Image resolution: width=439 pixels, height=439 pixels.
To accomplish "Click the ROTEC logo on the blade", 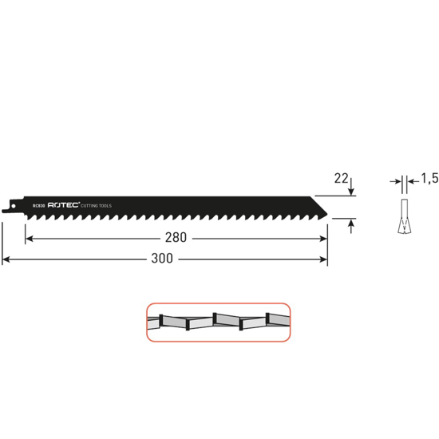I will pos(64,205).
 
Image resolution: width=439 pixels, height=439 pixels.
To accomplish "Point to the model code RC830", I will pos(38,205).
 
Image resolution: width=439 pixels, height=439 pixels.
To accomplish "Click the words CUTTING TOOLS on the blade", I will pos(98,205).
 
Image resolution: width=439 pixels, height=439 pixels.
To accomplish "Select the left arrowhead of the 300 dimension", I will pos(6,259).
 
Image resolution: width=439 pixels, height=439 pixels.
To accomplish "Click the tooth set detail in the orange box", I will pos(217,322).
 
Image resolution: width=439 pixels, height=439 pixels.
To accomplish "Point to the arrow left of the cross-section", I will pos(394,183).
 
